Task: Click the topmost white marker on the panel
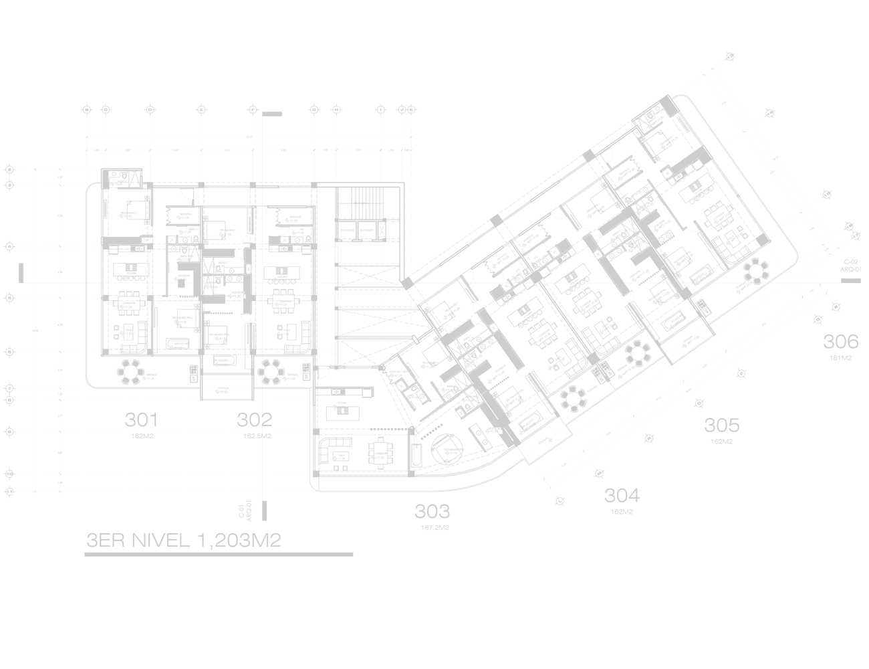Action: point(649,126)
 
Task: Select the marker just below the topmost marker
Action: point(663,147)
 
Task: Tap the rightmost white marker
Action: point(739,292)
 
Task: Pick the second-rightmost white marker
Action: point(728,243)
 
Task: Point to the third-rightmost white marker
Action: point(717,222)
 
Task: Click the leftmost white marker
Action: point(112,183)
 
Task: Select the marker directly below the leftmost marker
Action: point(121,216)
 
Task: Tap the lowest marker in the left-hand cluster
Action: point(217,391)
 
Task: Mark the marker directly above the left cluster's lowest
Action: point(217,365)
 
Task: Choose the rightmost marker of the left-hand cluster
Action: point(293,233)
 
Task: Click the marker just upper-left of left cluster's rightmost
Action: point(287,220)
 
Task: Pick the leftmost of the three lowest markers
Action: point(335,458)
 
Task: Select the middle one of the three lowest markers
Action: point(374,458)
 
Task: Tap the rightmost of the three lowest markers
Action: point(447,453)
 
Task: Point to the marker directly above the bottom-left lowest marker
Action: point(335,407)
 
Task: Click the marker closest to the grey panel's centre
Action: point(445,318)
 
